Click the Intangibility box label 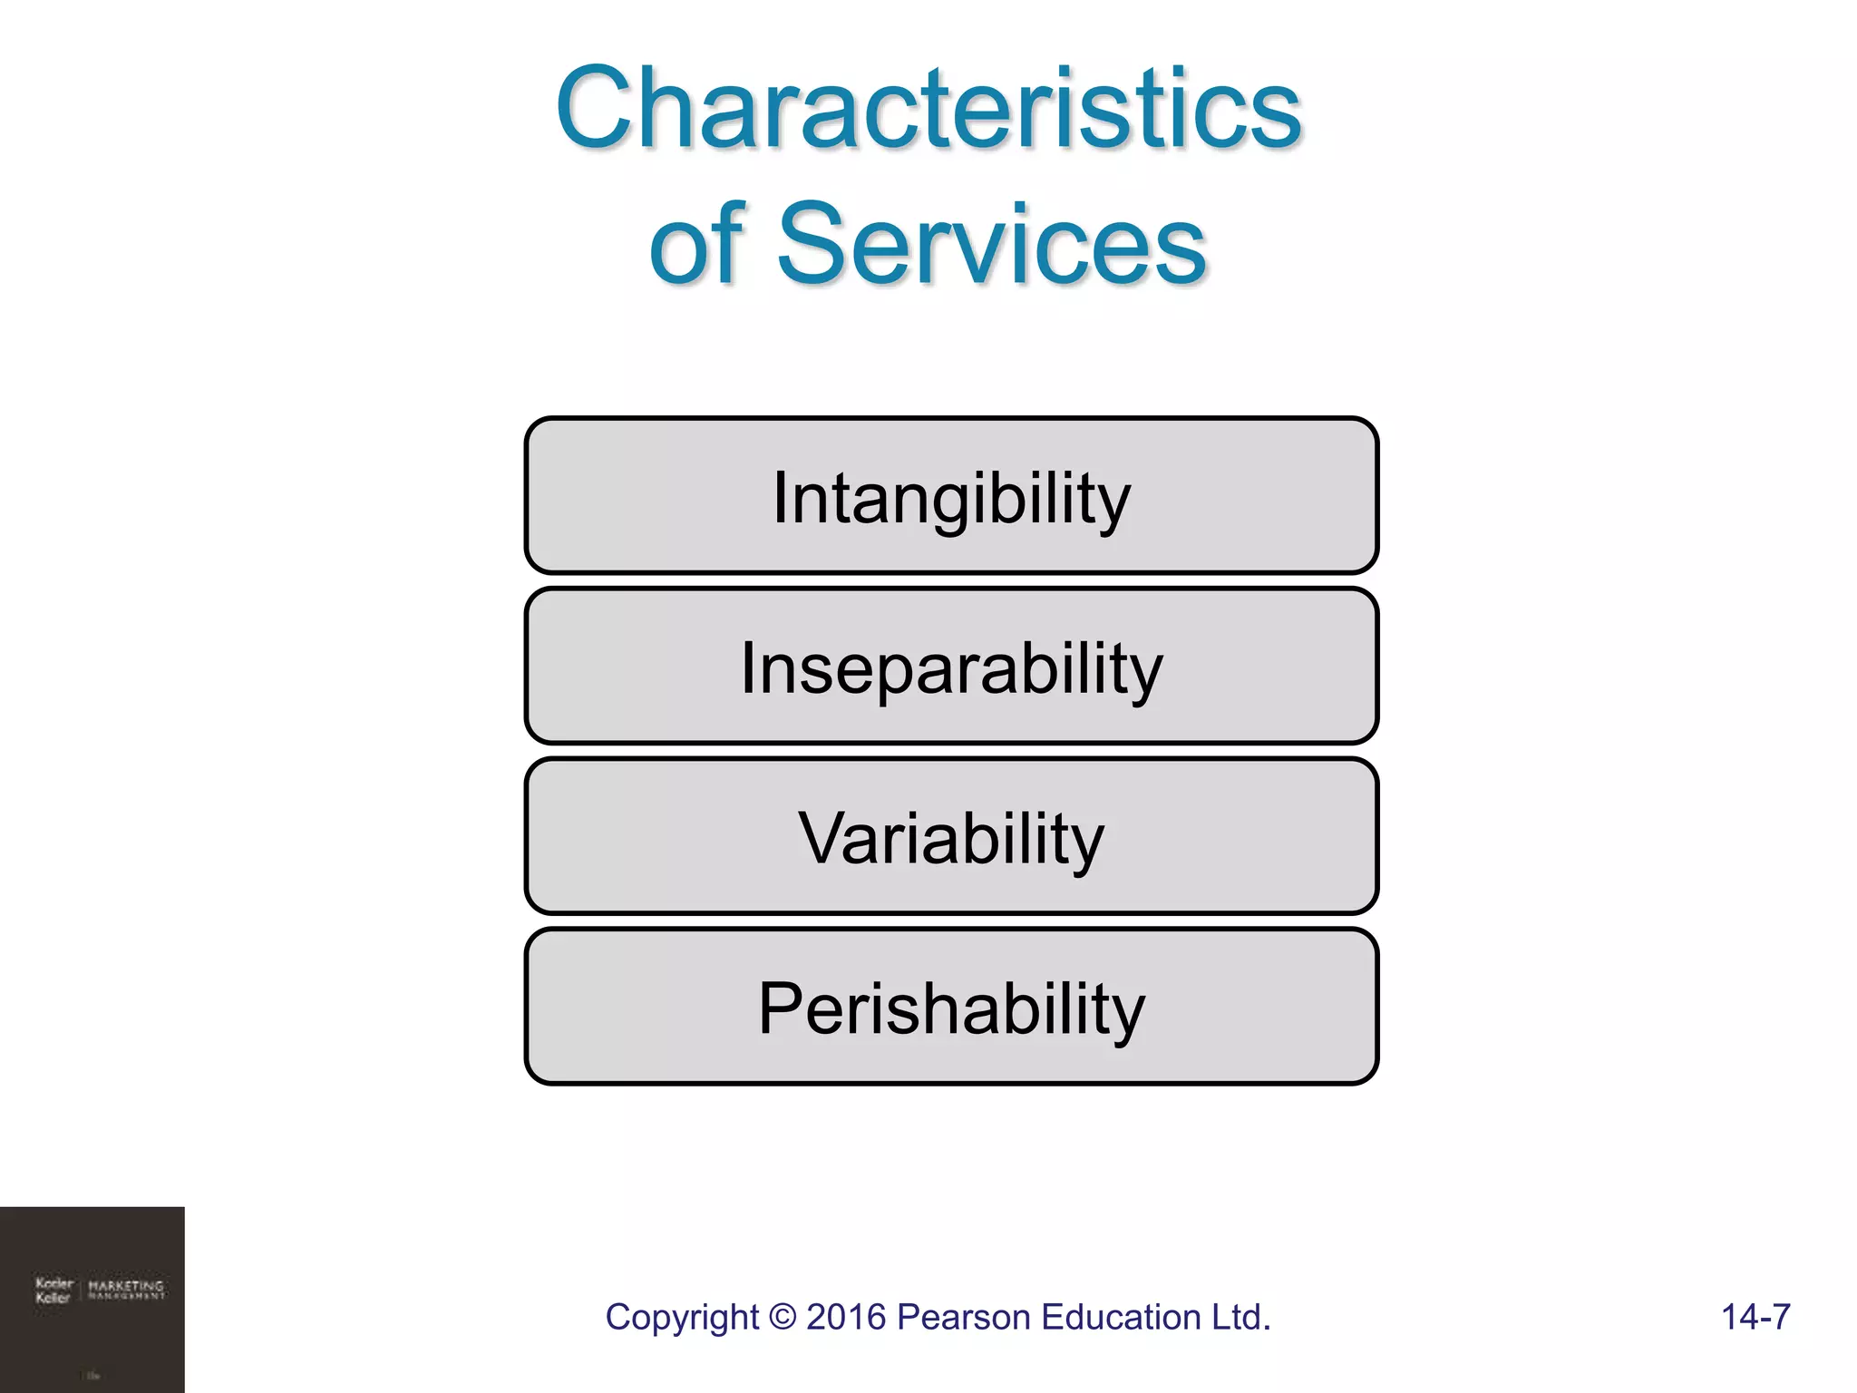(951, 498)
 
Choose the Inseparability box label (951, 668)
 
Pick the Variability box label (951, 839)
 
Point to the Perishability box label (951, 1008)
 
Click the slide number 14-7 (1755, 1317)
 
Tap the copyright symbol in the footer (781, 1318)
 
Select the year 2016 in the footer (846, 1317)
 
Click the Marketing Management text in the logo (127, 1290)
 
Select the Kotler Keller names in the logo (53, 1291)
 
